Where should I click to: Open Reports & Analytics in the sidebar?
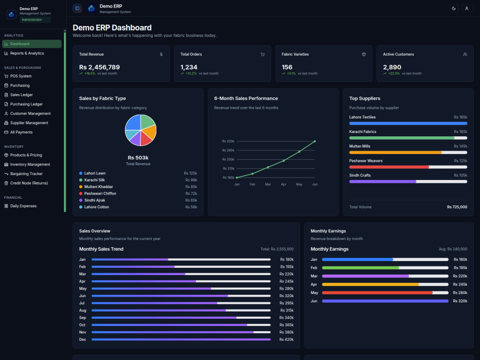tap(27, 53)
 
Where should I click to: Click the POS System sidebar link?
tap(21, 76)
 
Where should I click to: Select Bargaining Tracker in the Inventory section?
tap(26, 174)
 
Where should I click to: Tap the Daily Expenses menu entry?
tap(23, 206)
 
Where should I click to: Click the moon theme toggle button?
tap(454, 8)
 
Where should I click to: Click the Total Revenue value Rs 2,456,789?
tap(99, 67)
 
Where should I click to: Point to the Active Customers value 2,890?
tap(392, 67)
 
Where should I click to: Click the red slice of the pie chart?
tap(146, 138)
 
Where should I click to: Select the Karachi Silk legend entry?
tap(94, 180)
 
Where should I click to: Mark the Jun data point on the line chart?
tap(315, 142)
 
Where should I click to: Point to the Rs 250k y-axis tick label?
tap(228, 159)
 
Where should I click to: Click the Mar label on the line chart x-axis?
tap(268, 184)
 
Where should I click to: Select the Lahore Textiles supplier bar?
tap(408, 123)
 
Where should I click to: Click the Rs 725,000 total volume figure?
tap(457, 207)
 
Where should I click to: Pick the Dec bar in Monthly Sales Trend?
tap(181, 339)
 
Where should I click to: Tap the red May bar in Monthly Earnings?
tap(377, 293)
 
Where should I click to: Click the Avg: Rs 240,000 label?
tap(453, 249)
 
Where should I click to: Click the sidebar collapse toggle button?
tap(77, 8)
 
